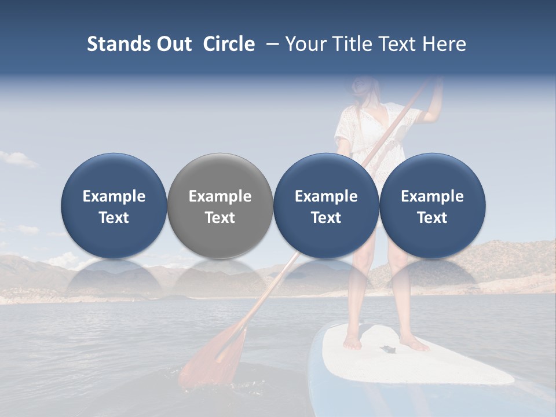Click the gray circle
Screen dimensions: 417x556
[x=220, y=206]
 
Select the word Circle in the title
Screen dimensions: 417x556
[x=229, y=44]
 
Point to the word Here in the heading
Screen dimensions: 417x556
[x=444, y=44]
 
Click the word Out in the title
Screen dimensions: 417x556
[x=172, y=44]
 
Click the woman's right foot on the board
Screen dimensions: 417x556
[x=352, y=342]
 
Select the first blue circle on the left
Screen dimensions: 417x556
[x=114, y=206]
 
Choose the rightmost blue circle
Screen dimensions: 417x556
[x=432, y=206]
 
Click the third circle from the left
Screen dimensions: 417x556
[x=326, y=206]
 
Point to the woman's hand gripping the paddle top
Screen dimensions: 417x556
[x=436, y=87]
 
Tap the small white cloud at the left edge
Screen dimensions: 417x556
[x=17, y=158]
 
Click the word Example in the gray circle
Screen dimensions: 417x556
[x=220, y=196]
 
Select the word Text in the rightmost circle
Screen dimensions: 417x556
[x=432, y=218]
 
